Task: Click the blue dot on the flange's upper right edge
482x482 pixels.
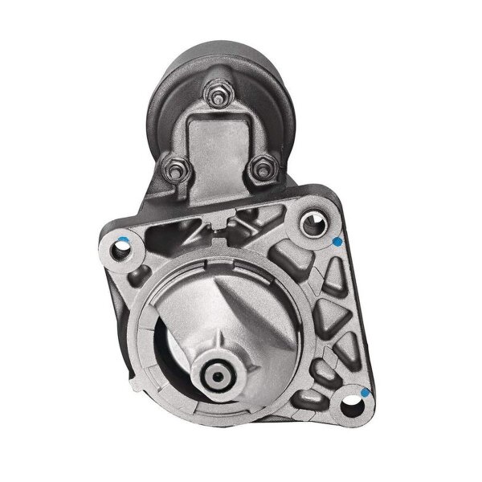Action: tap(337, 241)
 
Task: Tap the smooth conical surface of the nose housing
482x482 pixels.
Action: tap(241, 305)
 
